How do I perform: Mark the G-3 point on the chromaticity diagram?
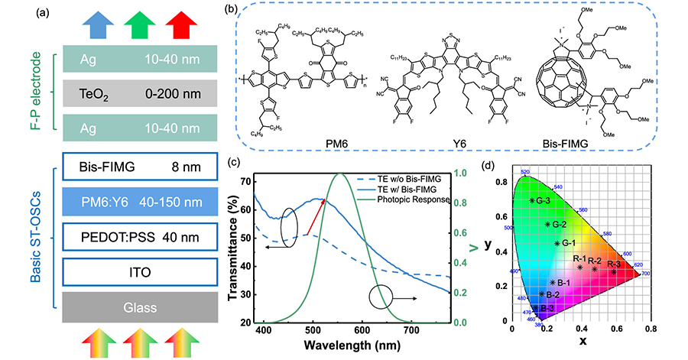[533, 201]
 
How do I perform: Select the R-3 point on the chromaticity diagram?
[614, 271]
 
